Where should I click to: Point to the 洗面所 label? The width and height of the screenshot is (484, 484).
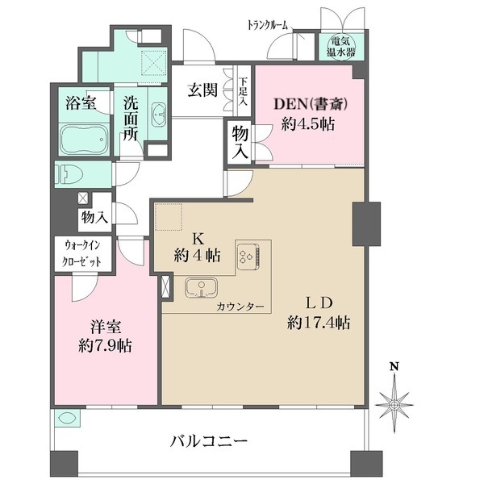(131, 118)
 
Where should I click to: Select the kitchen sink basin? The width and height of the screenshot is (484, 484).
(200, 288)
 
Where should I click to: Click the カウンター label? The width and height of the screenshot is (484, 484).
(237, 307)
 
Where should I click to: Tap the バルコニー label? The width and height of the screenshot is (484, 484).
(208, 441)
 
